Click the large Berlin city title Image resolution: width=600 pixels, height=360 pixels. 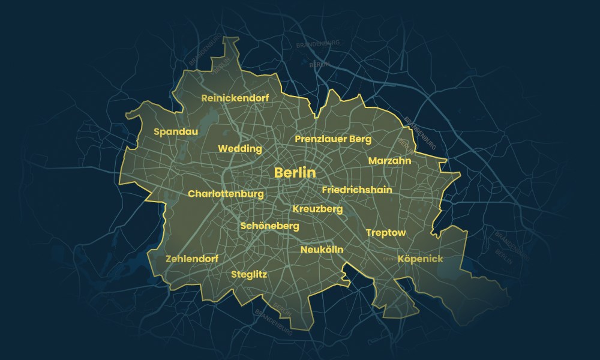295,173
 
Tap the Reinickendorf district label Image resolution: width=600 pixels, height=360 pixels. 235,98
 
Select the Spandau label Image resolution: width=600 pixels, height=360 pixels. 176,131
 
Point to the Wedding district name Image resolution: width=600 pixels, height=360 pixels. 240,149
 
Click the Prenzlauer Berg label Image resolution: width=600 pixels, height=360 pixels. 333,139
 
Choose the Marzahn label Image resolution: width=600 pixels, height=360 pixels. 389,161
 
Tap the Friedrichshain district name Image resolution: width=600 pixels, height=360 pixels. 357,190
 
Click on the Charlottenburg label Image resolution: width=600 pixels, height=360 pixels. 226,194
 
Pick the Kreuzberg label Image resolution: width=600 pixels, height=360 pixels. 317,209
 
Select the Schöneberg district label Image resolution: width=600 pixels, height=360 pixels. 269,226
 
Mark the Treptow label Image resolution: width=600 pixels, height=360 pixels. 386,233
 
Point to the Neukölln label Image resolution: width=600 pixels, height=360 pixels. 322,250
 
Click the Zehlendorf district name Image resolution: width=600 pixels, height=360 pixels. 191,259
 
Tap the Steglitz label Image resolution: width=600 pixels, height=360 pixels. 249,274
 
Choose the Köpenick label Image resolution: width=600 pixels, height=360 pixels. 420,259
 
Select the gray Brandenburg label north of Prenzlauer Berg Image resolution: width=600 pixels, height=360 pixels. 318,44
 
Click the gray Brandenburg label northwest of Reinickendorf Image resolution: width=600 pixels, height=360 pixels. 203,54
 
